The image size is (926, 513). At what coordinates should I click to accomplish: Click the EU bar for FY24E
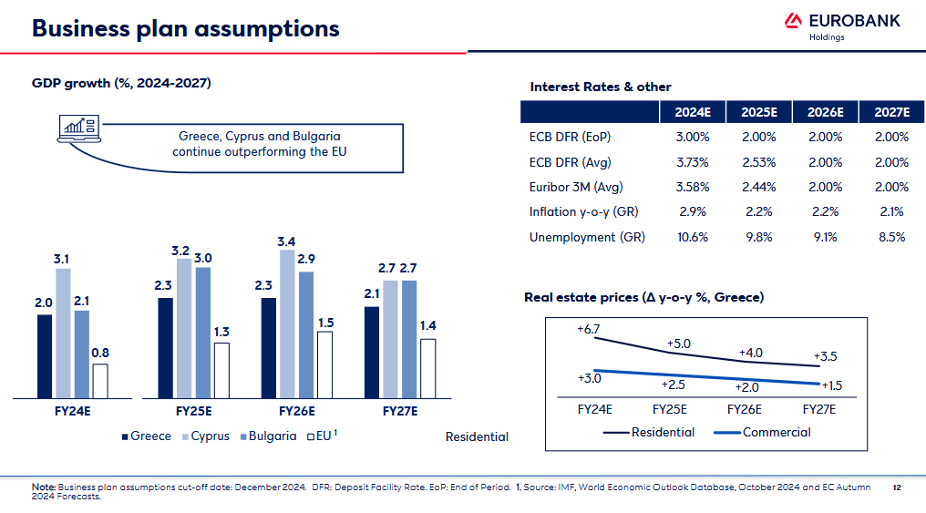[100, 380]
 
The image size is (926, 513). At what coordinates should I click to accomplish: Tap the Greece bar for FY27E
[372, 352]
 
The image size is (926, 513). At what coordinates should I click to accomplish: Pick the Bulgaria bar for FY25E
[202, 332]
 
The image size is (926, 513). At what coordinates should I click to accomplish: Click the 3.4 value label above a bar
[286, 241]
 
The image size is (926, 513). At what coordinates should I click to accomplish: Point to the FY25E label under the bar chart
[193, 411]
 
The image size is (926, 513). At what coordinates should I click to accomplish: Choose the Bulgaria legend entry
[268, 436]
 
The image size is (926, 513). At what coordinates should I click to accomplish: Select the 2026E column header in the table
[825, 112]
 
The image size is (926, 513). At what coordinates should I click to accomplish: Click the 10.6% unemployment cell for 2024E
[693, 237]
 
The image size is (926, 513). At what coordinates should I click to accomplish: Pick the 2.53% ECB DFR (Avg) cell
[758, 162]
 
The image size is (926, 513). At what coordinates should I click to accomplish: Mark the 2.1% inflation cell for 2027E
[891, 212]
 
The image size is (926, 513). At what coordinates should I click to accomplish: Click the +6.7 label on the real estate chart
[589, 328]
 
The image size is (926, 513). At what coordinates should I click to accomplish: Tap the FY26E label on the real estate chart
[745, 409]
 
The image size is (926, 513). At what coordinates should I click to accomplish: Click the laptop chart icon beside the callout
[77, 129]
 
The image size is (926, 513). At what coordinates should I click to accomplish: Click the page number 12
[897, 487]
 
